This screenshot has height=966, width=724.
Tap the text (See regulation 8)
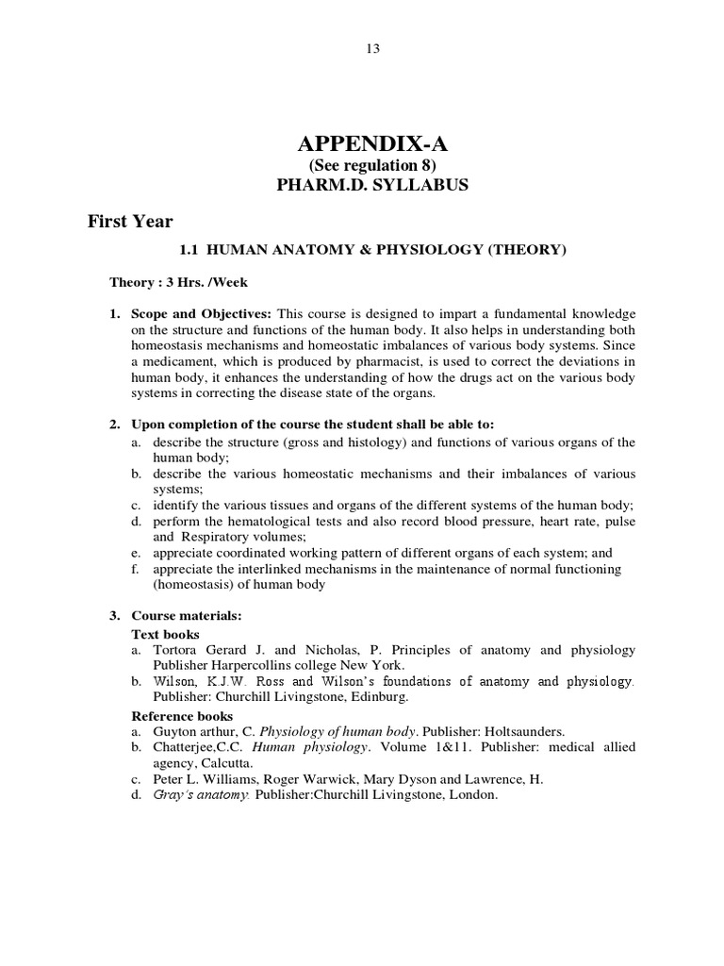pos(371,166)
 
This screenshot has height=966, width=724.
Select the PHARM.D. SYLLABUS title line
pos(371,185)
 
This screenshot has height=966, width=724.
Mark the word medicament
pos(189,361)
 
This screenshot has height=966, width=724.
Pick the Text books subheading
pos(165,634)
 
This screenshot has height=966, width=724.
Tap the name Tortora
pos(177,650)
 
